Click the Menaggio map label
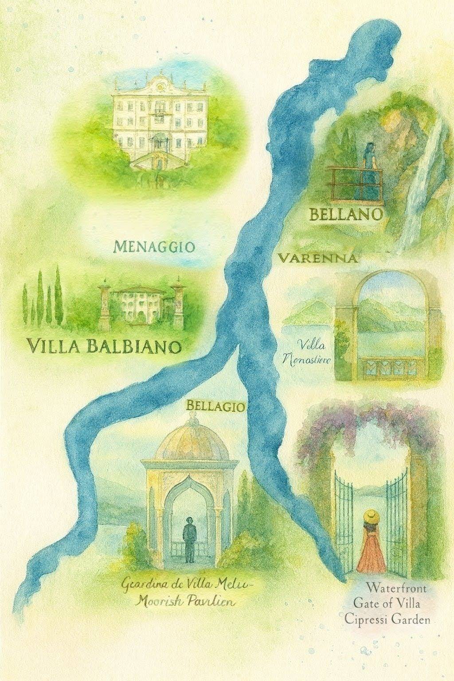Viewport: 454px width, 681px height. tap(154, 247)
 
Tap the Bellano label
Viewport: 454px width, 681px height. tap(345, 215)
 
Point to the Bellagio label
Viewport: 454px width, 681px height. tap(216, 406)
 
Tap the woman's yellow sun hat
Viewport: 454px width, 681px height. tap(371, 516)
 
